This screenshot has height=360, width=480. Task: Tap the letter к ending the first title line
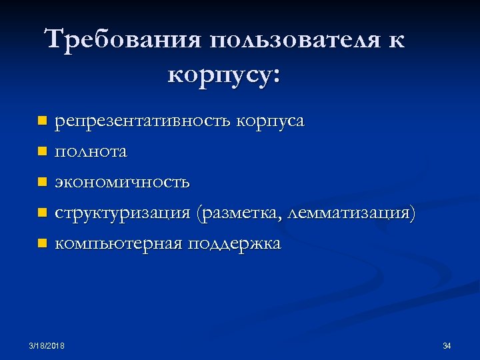tap(394, 40)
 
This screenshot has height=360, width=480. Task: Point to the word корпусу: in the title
tap(225, 74)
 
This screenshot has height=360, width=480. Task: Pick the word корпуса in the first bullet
tap(271, 122)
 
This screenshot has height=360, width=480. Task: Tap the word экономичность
tap(122, 182)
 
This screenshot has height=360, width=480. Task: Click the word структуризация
tap(123, 213)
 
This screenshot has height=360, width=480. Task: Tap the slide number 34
tap(447, 345)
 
